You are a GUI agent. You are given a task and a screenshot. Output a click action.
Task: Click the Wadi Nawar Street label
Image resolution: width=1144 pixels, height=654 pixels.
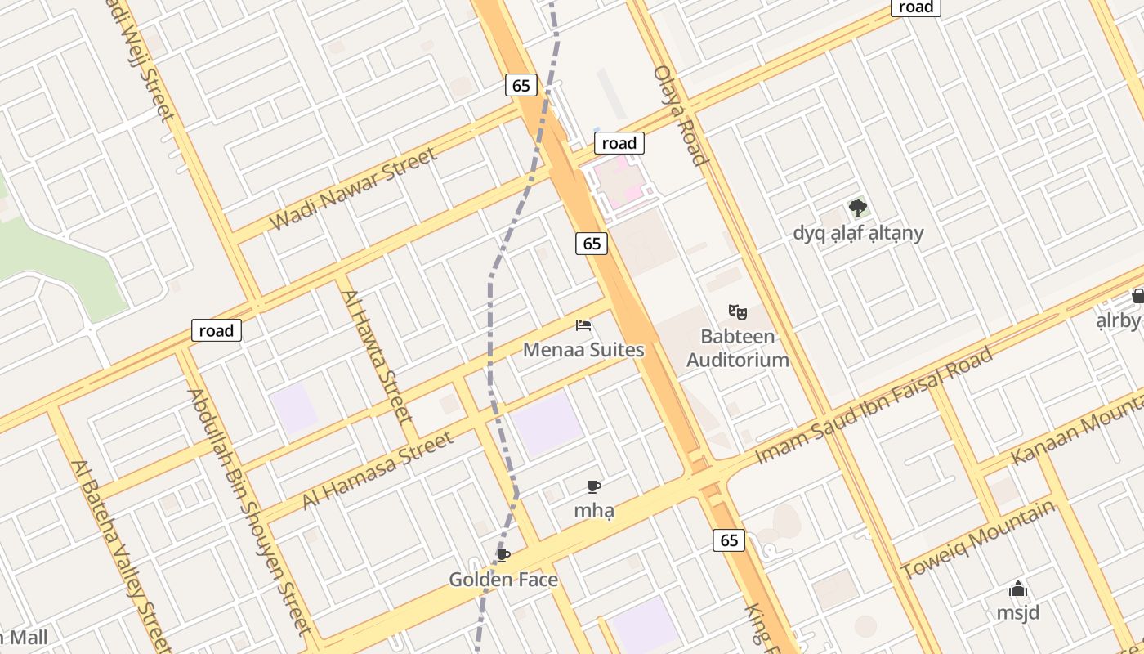352,189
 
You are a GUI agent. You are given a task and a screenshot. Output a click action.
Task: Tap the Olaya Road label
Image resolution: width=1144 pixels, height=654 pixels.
679,115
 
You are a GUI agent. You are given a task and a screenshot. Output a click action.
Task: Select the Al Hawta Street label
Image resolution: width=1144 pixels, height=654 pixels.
376,356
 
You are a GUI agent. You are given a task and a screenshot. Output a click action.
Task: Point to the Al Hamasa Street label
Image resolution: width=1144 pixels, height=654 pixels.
378,470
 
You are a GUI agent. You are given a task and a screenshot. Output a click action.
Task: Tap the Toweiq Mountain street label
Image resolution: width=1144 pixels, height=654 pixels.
977,540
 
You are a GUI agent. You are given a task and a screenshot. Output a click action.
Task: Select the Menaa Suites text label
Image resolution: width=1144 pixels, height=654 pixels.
583,350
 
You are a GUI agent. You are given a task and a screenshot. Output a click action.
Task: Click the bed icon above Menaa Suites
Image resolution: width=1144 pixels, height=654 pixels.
583,325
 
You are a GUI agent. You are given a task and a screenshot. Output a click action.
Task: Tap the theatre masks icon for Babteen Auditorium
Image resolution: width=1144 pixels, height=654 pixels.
738,311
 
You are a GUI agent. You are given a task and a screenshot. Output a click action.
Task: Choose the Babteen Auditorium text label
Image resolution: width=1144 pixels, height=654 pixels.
738,348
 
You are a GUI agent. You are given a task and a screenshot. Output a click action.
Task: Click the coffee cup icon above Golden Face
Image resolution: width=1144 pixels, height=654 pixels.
503,556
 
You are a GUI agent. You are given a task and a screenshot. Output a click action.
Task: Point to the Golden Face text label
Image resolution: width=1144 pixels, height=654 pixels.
503,580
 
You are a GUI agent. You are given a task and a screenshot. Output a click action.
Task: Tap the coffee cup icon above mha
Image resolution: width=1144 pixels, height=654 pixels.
594,487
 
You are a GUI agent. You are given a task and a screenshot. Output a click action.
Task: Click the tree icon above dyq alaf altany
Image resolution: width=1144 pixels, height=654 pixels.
857,208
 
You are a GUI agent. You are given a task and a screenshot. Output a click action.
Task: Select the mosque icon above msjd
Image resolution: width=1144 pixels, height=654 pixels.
1017,589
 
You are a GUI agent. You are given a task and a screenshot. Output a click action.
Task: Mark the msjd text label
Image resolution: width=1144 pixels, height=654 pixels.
1017,612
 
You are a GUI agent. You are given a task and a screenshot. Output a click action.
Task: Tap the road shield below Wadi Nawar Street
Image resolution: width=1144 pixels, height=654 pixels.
217,330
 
